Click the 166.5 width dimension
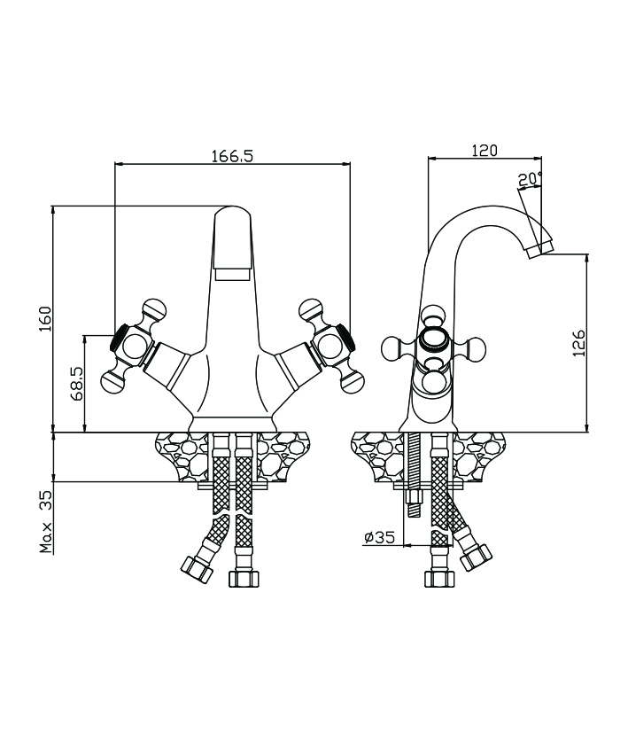point(232,156)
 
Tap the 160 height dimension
point(46,319)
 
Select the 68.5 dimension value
point(77,383)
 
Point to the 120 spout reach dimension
point(485,150)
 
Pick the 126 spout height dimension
point(579,343)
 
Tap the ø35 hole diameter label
point(379,537)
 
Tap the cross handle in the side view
point(434,349)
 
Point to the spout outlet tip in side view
point(539,247)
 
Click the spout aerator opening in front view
point(232,274)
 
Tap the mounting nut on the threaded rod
point(414,496)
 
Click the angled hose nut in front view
point(197,569)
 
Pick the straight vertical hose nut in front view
point(244,578)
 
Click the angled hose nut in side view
point(477,557)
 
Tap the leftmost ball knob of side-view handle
point(393,349)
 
